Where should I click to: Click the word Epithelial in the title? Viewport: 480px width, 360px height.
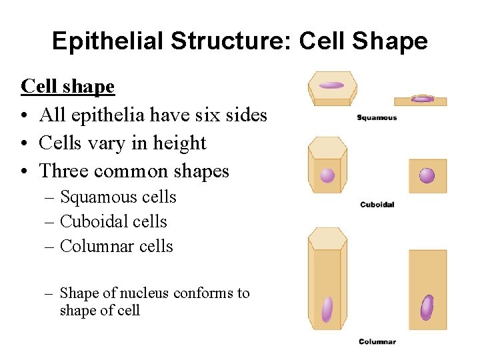pos(108,41)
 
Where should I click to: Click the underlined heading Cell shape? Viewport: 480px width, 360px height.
pos(68,86)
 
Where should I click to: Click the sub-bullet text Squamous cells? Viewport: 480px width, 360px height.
pos(118,197)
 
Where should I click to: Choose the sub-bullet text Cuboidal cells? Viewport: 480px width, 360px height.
pos(113,222)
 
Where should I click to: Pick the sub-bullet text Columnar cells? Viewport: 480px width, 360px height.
pos(117,247)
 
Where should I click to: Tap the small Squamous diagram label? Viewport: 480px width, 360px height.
pos(377,118)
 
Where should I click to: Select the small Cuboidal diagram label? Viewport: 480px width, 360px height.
pos(377,205)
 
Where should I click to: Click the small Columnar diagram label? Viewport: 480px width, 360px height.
pos(377,342)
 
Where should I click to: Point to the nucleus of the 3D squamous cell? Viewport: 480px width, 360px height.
pos(331,85)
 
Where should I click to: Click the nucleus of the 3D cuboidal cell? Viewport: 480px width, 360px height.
pos(327,175)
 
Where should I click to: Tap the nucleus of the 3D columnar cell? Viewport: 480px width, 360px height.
pos(327,309)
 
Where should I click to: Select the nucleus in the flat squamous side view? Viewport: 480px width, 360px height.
pos(423,99)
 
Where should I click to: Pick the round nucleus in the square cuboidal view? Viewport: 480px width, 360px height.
pos(427,176)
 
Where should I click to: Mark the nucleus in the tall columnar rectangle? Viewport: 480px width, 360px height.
pos(427,307)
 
